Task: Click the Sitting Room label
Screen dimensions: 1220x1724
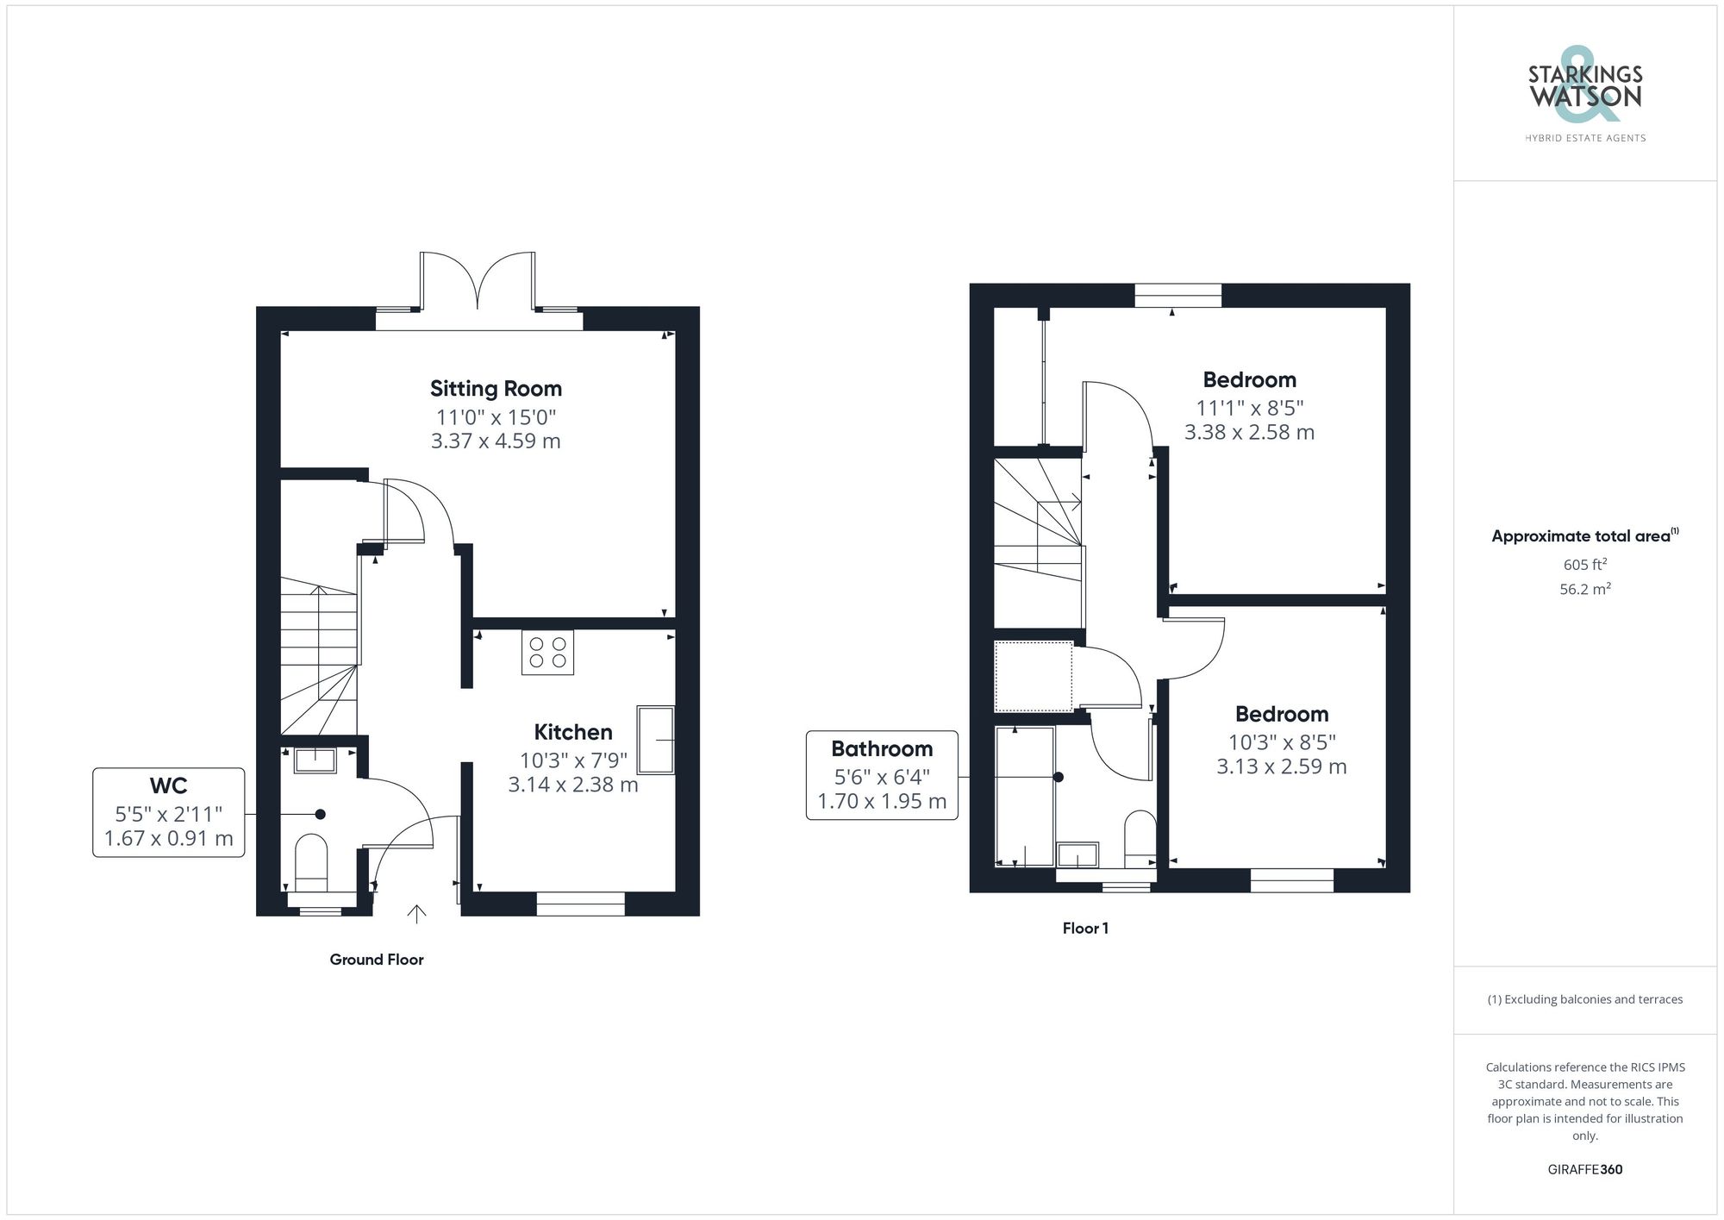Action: [x=496, y=389]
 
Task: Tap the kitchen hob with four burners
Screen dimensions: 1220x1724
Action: [x=547, y=653]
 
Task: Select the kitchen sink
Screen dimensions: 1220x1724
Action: [x=656, y=740]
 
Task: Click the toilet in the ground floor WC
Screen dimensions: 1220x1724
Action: [x=311, y=862]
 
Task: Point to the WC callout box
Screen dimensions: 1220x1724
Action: [x=169, y=812]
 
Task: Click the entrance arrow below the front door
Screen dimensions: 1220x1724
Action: [x=416, y=914]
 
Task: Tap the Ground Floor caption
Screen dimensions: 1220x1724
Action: [x=377, y=960]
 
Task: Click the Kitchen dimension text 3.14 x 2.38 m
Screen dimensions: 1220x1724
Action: [x=573, y=785]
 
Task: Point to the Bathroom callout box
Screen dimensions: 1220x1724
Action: [x=882, y=775]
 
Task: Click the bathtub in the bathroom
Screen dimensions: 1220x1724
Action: [x=1025, y=796]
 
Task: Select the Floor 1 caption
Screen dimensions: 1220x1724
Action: [x=1085, y=929]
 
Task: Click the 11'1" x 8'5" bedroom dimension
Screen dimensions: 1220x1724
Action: [x=1250, y=408]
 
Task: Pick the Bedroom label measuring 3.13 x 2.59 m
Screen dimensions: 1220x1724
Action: [x=1282, y=715]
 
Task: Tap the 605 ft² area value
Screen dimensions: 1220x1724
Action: [x=1584, y=566]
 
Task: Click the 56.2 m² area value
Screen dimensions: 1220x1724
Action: [x=1584, y=590]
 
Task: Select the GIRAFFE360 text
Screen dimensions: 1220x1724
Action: [x=1584, y=1170]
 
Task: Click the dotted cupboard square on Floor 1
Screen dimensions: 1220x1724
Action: [x=1034, y=677]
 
